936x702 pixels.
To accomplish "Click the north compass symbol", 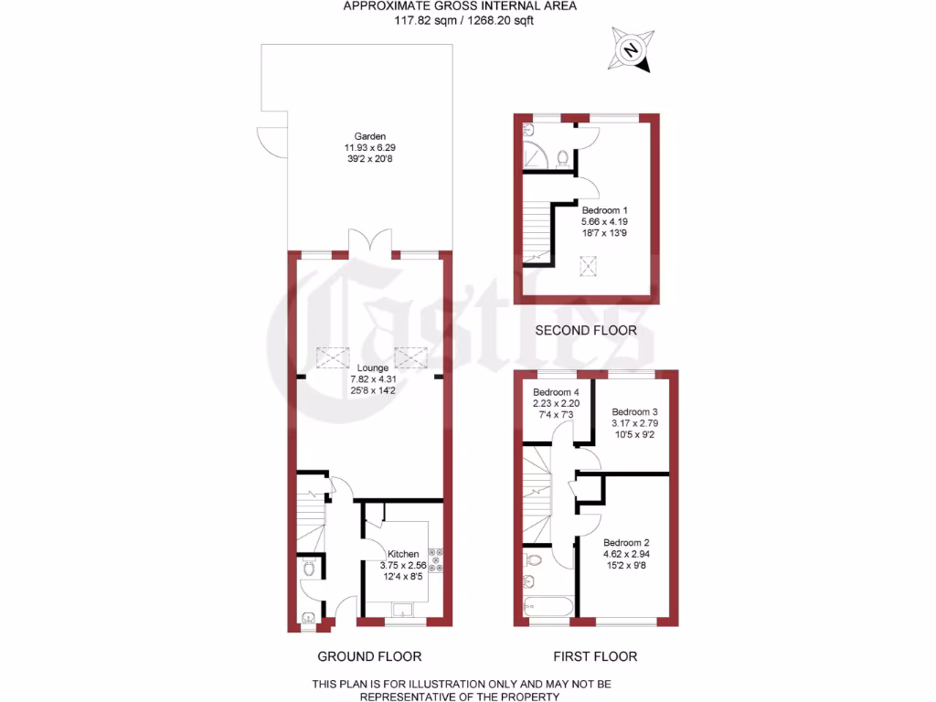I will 631,49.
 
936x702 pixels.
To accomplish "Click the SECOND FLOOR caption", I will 586,330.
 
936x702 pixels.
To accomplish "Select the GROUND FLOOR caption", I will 369,656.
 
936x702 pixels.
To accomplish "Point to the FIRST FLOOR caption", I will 595,656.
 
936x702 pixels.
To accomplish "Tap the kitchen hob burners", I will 436,559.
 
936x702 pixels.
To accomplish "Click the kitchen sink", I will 403,610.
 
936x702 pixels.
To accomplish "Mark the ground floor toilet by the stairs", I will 310,569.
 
